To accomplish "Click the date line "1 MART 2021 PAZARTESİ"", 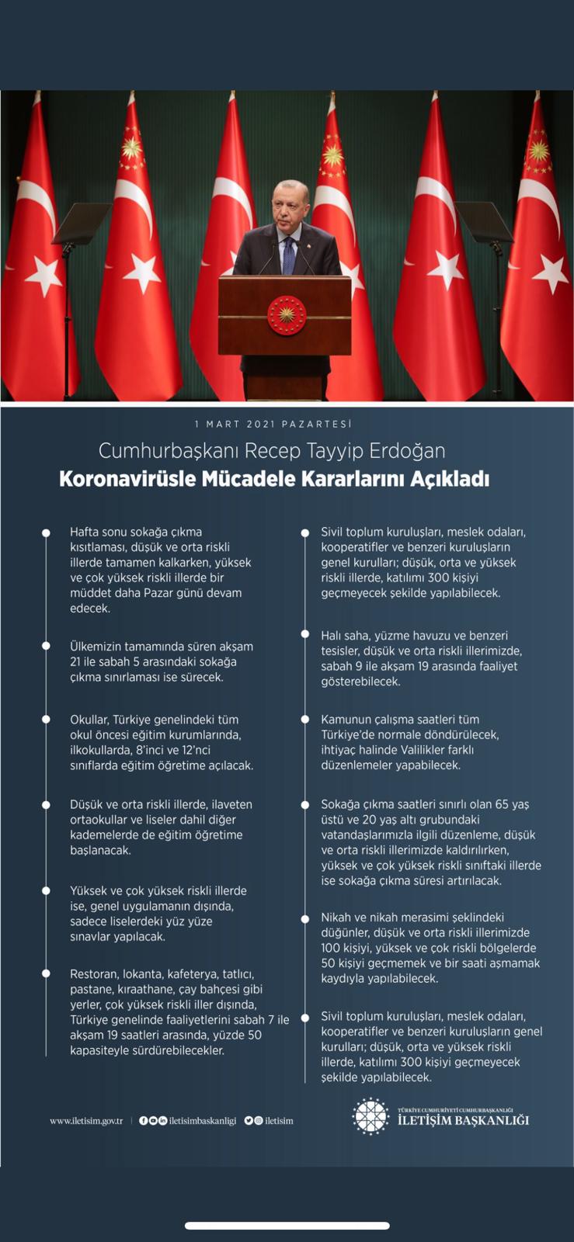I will coord(273,424).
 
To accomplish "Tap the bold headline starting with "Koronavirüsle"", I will coord(274,479).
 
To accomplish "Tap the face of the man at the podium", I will coord(289,207).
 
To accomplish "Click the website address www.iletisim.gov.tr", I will coord(86,1121).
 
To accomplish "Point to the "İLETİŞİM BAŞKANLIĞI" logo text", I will coord(463,1120).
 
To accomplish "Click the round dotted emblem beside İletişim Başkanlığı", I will coord(370,1116).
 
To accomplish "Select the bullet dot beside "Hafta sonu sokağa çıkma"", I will coord(46,533).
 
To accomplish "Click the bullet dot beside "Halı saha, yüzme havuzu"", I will coord(305,635).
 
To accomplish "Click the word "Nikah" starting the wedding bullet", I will coord(336,918).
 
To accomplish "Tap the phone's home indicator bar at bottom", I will coord(287,1226).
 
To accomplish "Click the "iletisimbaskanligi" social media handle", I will coord(202,1121).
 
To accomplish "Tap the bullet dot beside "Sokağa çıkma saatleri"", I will coord(305,805).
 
